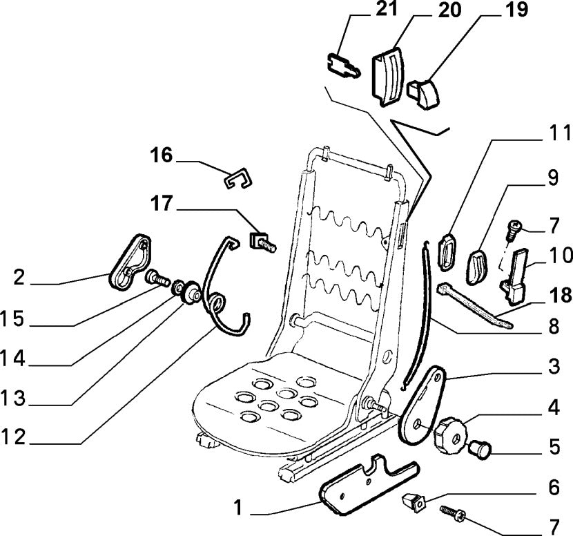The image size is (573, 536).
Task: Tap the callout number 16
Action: (162, 155)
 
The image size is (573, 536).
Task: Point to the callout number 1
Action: (238, 510)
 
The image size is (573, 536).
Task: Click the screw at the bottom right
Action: (452, 514)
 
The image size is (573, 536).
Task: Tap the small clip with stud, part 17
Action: (262, 241)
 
